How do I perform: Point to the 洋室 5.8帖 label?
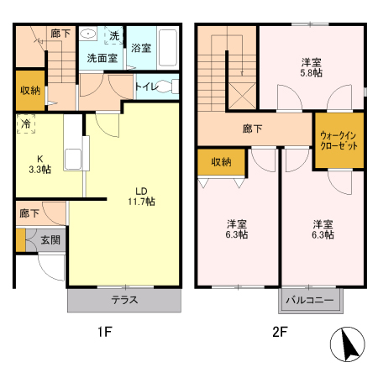tap(311, 68)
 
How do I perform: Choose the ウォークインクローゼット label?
tap(339, 140)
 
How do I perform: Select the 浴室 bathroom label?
tap(140, 49)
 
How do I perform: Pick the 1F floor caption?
tap(102, 332)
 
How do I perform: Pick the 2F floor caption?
tap(280, 332)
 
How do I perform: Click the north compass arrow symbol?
tap(348, 346)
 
